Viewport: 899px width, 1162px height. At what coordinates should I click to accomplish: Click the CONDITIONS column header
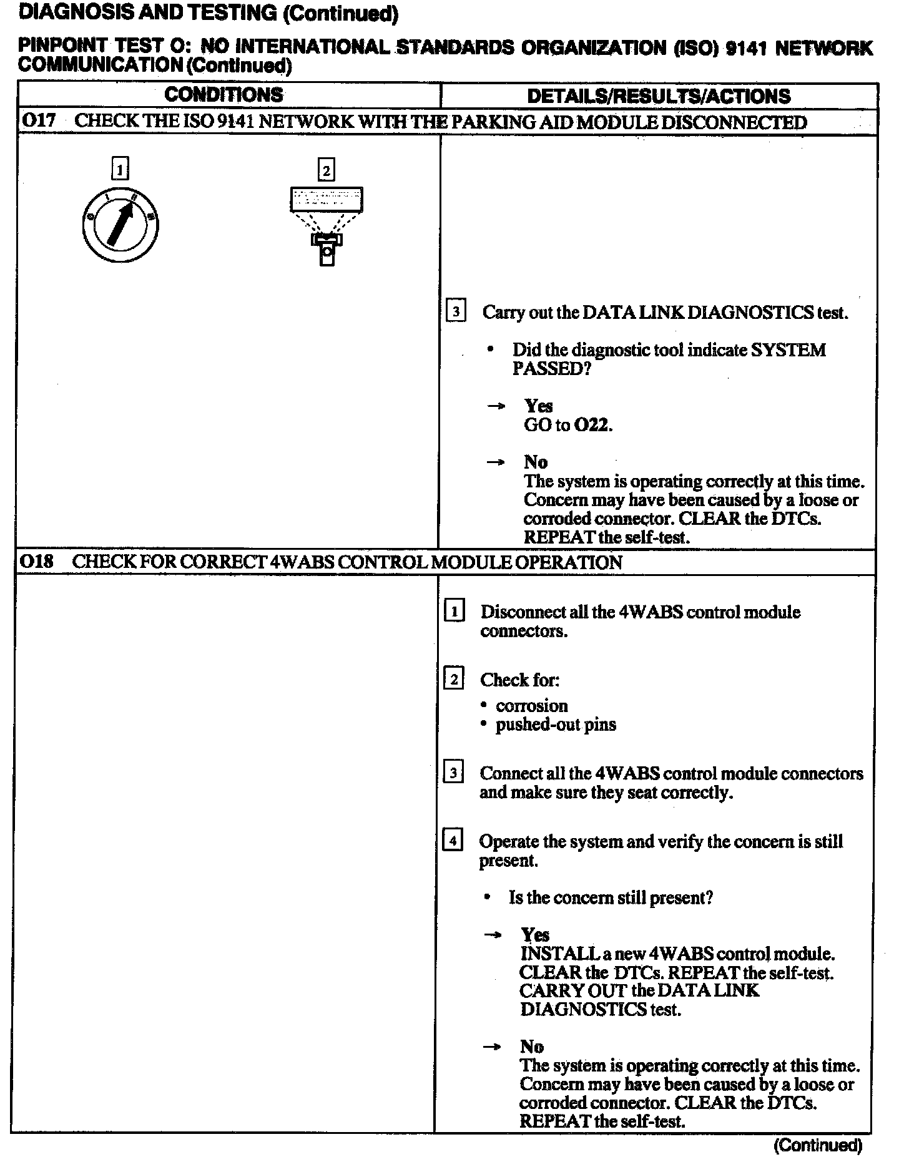click(224, 95)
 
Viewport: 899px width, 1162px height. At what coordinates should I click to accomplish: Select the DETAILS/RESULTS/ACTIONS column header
click(659, 96)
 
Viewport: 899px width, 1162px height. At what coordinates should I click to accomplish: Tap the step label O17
click(38, 121)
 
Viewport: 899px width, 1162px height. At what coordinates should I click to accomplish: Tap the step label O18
click(37, 562)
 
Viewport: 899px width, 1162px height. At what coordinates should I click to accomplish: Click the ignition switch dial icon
click(120, 225)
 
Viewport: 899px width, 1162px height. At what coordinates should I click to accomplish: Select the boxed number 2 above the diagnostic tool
click(326, 170)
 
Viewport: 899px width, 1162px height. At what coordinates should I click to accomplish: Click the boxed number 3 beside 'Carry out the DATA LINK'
click(456, 311)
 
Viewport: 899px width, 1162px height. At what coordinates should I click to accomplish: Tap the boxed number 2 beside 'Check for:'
click(454, 678)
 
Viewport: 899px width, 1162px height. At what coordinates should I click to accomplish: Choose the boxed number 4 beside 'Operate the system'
click(452, 841)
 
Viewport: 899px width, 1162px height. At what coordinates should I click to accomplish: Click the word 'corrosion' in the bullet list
click(532, 706)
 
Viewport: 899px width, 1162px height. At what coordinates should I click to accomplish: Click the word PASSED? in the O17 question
click(551, 369)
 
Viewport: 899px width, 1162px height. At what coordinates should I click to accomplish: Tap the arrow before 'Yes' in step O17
click(496, 406)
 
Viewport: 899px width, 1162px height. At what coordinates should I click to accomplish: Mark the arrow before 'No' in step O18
click(493, 1047)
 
